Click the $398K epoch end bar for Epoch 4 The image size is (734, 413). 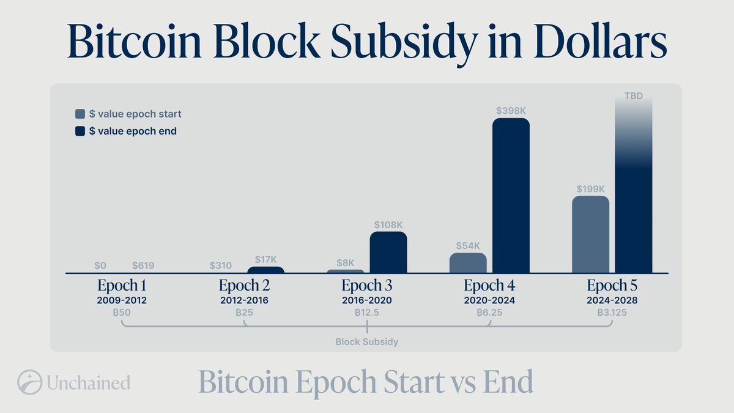pos(511,196)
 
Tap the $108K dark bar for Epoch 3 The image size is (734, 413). pos(388,252)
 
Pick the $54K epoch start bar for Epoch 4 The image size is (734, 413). pos(468,263)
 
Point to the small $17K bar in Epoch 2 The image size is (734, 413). pos(265,270)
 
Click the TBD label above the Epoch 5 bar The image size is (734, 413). pos(633,97)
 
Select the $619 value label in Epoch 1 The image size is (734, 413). pos(143,266)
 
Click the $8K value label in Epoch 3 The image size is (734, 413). pos(346,262)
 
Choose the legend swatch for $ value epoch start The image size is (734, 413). pos(80,114)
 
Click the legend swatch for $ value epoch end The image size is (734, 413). pos(80,131)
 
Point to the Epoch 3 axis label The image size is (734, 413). pos(367,286)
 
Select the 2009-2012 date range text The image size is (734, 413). pos(122,300)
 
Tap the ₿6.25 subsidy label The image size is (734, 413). pos(489,313)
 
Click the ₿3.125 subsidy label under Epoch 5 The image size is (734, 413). pos(612,313)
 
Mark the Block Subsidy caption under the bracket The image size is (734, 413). pos(367,342)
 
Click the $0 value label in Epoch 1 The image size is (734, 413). pos(101,266)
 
